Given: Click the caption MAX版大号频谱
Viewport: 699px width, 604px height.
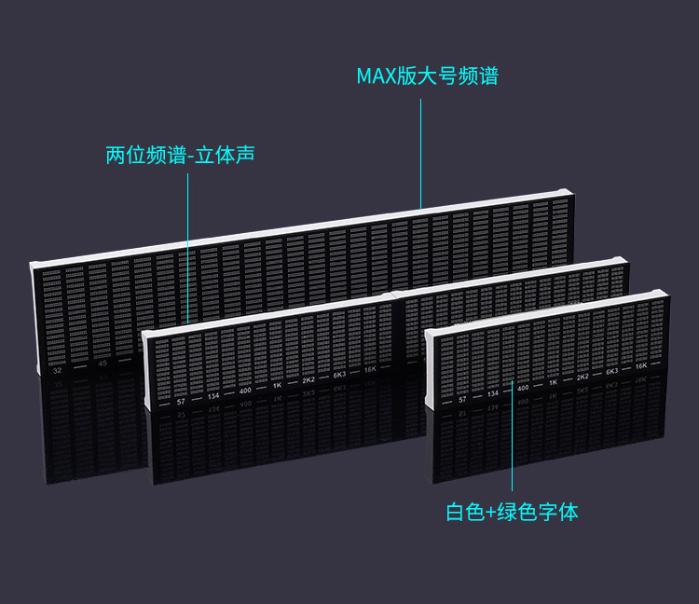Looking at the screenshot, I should coord(427,75).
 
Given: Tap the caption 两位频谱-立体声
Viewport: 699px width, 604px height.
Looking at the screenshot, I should coord(181,155).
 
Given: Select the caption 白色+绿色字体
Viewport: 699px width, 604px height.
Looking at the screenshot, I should coord(512,512).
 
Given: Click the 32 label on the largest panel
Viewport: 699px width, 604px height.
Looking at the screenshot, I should coord(58,370).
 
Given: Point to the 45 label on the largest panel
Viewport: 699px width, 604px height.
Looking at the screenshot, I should coord(103,364).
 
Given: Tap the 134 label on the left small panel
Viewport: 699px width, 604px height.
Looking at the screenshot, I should coord(213,396).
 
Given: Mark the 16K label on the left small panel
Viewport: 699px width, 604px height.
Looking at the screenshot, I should coord(370,369).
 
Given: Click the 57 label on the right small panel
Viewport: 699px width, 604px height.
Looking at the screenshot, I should coord(462,399).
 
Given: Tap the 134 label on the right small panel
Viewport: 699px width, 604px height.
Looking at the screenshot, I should coord(493,393).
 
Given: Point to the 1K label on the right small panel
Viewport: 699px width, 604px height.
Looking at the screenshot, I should coord(553,382).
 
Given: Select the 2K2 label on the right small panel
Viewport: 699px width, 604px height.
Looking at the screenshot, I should coord(582,377).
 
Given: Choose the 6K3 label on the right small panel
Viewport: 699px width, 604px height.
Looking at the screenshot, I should coord(612,371).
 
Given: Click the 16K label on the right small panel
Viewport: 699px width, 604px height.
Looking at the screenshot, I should coord(641,365).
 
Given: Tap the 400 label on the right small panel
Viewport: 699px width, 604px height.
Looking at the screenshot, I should coord(523,388).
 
